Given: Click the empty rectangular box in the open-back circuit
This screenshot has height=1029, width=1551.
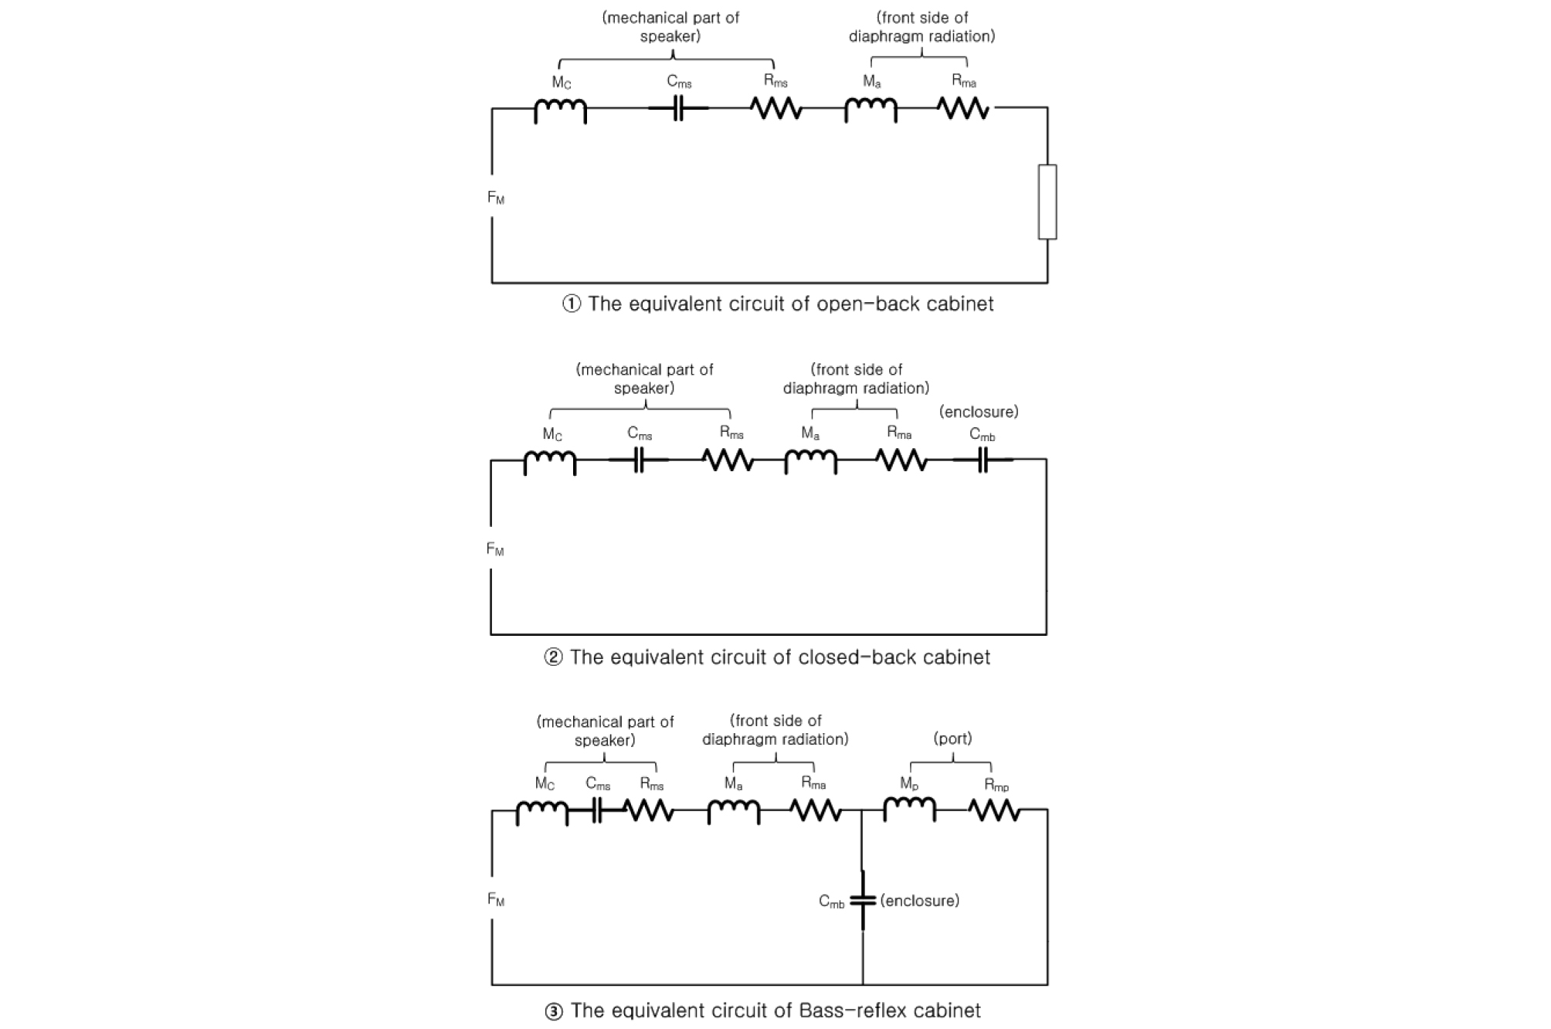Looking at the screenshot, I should (1047, 202).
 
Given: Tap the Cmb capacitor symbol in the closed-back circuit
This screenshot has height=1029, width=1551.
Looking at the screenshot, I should (982, 460).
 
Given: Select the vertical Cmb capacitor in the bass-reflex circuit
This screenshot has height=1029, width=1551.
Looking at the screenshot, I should (863, 900).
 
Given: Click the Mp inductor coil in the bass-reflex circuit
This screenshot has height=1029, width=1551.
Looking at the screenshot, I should (909, 809).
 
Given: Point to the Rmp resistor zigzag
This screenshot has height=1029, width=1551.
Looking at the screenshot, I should (995, 810).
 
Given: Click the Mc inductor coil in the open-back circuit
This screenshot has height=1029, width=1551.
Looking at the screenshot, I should (560, 110).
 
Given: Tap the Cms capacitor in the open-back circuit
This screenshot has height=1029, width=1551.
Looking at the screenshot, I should (678, 109).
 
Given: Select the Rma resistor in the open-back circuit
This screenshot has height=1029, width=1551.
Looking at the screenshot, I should (963, 109).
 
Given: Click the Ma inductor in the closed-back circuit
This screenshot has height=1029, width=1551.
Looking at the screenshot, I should (810, 460).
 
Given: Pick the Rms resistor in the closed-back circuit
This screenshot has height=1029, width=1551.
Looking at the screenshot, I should (728, 460).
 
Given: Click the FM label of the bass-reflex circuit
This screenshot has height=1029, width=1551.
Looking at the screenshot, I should (496, 900).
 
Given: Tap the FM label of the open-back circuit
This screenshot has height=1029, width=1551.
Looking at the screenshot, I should (496, 199).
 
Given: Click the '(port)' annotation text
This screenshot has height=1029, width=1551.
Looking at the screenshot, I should (952, 739).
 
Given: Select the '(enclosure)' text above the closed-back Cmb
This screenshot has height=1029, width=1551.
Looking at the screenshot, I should (979, 412).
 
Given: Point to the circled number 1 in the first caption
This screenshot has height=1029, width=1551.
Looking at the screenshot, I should (571, 304).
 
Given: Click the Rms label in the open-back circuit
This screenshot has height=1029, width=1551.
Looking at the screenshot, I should (775, 81).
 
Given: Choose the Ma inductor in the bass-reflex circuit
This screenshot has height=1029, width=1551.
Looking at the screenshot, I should (733, 810).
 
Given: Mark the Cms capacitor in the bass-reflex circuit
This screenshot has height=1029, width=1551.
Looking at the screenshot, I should (597, 810).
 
